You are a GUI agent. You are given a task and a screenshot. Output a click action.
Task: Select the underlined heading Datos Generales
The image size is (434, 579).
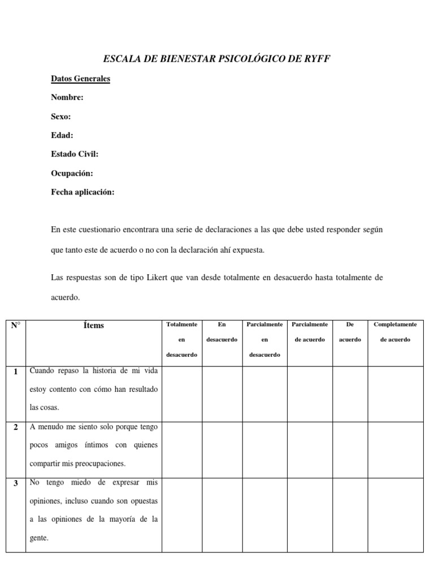coord(80,79)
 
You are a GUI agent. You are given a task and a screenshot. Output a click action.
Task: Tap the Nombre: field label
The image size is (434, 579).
coord(67,97)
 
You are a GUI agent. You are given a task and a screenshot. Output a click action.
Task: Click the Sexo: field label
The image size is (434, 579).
coord(61,116)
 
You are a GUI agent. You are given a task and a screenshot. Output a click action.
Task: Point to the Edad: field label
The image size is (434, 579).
coord(62,135)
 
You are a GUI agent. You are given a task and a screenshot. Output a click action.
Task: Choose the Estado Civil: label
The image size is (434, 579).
coord(75,154)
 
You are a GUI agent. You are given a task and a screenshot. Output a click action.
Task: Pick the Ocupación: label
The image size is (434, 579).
coord(72,173)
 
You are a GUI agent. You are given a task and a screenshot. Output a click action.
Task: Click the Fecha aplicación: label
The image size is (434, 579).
coord(83,192)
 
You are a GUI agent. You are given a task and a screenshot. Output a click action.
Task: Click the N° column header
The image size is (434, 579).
coord(15,325)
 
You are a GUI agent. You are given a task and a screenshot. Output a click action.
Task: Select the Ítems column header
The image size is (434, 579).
coord(93,325)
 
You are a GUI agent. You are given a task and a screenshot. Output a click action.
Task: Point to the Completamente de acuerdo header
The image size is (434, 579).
coord(396,332)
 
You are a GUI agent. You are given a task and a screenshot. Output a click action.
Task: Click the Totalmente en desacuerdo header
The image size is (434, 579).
coord(182,339)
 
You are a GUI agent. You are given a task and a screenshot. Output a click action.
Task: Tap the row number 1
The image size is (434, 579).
coord(16,371)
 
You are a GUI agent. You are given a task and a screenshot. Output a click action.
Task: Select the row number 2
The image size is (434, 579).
coord(16,427)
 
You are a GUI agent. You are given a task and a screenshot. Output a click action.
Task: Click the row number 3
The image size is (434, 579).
coord(16,483)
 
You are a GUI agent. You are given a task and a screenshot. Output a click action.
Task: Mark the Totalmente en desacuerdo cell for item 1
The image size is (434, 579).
coord(182,394)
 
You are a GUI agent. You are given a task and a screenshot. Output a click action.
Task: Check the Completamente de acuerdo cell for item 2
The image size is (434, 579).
coord(396,450)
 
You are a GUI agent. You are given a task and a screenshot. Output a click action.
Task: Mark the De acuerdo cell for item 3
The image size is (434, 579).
coord(350,515)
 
